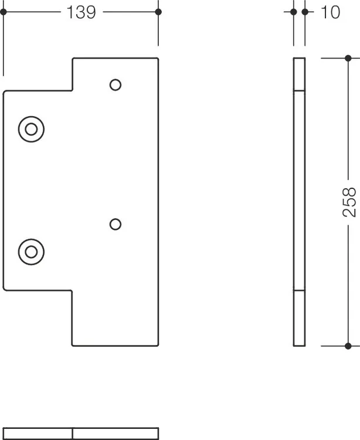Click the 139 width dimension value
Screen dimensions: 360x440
(x=81, y=12)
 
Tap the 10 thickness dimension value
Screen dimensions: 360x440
(x=331, y=12)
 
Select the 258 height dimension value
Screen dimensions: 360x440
(x=349, y=202)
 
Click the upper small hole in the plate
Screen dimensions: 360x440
(x=116, y=84)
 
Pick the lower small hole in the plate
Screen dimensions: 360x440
(x=116, y=224)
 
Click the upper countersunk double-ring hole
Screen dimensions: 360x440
(x=31, y=129)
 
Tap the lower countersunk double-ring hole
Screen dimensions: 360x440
(x=31, y=252)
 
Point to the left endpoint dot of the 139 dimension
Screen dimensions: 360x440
(x=4, y=12)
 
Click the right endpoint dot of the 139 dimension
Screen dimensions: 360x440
(x=158, y=12)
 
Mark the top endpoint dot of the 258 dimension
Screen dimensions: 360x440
(x=348, y=58)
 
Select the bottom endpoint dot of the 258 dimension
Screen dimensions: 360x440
(x=348, y=346)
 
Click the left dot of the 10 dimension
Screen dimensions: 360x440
(x=294, y=12)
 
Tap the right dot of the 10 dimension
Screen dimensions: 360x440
(x=305, y=12)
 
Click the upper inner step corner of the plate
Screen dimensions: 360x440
(x=73, y=90)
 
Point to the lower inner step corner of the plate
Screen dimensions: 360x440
(x=72, y=290)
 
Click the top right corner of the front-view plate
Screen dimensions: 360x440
(x=158, y=58)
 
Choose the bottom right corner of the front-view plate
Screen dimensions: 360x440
(x=158, y=346)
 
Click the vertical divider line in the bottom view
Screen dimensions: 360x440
(x=72, y=434)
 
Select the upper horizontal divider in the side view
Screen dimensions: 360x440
(x=299, y=90)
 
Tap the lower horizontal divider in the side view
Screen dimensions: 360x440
(x=299, y=290)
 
